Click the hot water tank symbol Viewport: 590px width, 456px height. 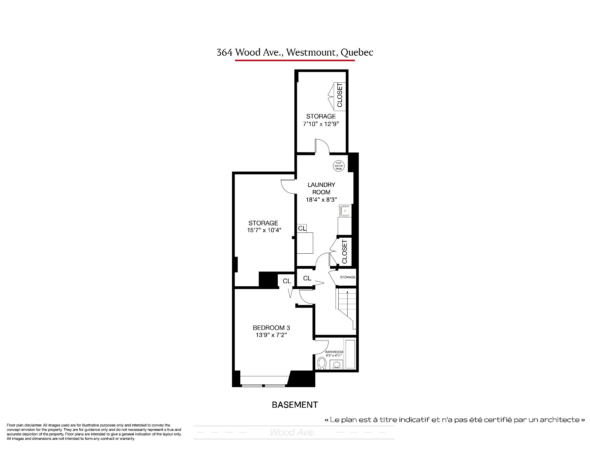(339, 166)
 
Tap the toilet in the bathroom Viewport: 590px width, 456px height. (322, 363)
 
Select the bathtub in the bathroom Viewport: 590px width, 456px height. (350, 354)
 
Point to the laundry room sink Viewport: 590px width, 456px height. (345, 211)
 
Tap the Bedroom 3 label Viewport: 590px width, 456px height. (271, 328)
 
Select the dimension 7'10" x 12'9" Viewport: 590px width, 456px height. (321, 124)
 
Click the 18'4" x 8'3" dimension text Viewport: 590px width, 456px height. (321, 200)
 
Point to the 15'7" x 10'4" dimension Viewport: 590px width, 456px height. (264, 230)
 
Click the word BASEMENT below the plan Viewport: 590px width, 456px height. (295, 405)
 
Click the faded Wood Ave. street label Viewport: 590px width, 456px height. (292, 432)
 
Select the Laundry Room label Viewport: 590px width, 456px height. (321, 188)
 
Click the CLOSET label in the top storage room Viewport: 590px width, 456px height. (340, 95)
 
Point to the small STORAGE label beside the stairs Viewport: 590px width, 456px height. (348, 277)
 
